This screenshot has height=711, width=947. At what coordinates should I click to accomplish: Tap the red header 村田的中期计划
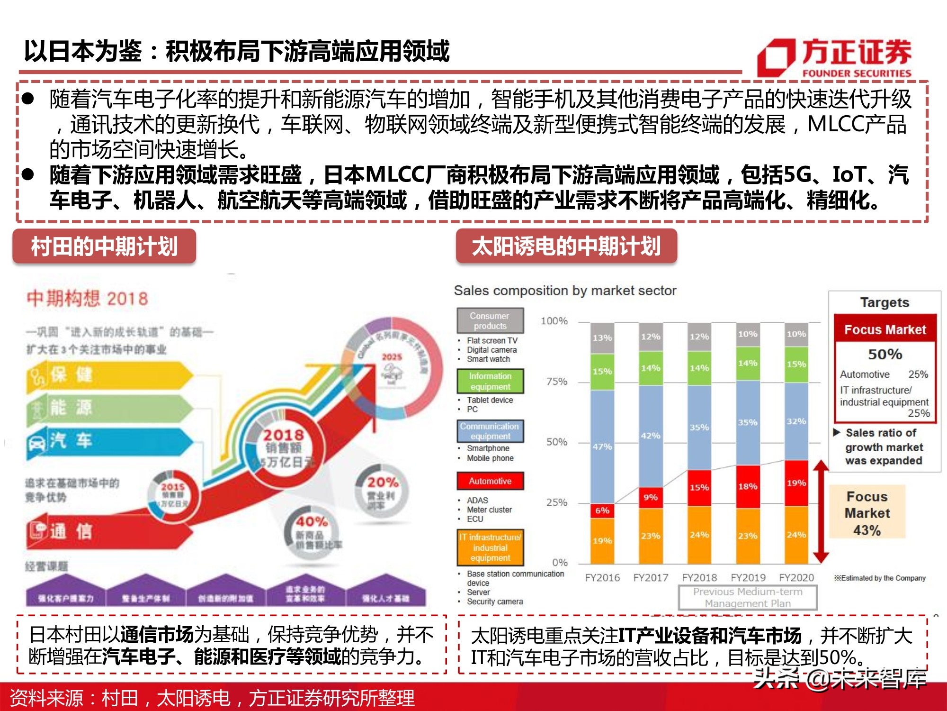coord(104,246)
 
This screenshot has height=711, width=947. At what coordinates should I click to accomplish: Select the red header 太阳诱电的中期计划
coord(566,246)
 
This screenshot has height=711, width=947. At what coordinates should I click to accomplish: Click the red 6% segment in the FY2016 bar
coord(602,510)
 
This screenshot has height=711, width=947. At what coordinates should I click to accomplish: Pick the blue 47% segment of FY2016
coord(602,446)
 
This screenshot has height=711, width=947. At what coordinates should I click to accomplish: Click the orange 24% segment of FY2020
coord(796,535)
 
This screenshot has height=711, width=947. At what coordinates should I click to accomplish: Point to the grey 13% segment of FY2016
coord(602,338)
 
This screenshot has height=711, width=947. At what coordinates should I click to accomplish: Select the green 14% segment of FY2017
coord(651,368)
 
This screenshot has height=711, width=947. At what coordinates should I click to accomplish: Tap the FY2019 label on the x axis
coord(748,578)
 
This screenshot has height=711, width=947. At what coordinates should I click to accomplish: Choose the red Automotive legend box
coord(490,481)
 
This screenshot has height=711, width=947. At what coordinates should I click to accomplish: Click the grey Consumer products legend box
coord(490,321)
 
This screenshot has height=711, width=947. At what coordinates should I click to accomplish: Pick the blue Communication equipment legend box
coord(490,431)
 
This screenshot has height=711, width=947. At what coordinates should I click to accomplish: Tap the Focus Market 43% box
coord(867,513)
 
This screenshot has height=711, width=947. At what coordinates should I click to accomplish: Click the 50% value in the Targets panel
coord(884,354)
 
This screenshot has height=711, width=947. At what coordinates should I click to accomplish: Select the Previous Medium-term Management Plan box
coord(748,598)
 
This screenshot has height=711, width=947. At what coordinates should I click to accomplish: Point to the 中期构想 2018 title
coord(88,299)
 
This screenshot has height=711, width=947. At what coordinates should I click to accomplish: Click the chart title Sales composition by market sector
coord(565,291)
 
